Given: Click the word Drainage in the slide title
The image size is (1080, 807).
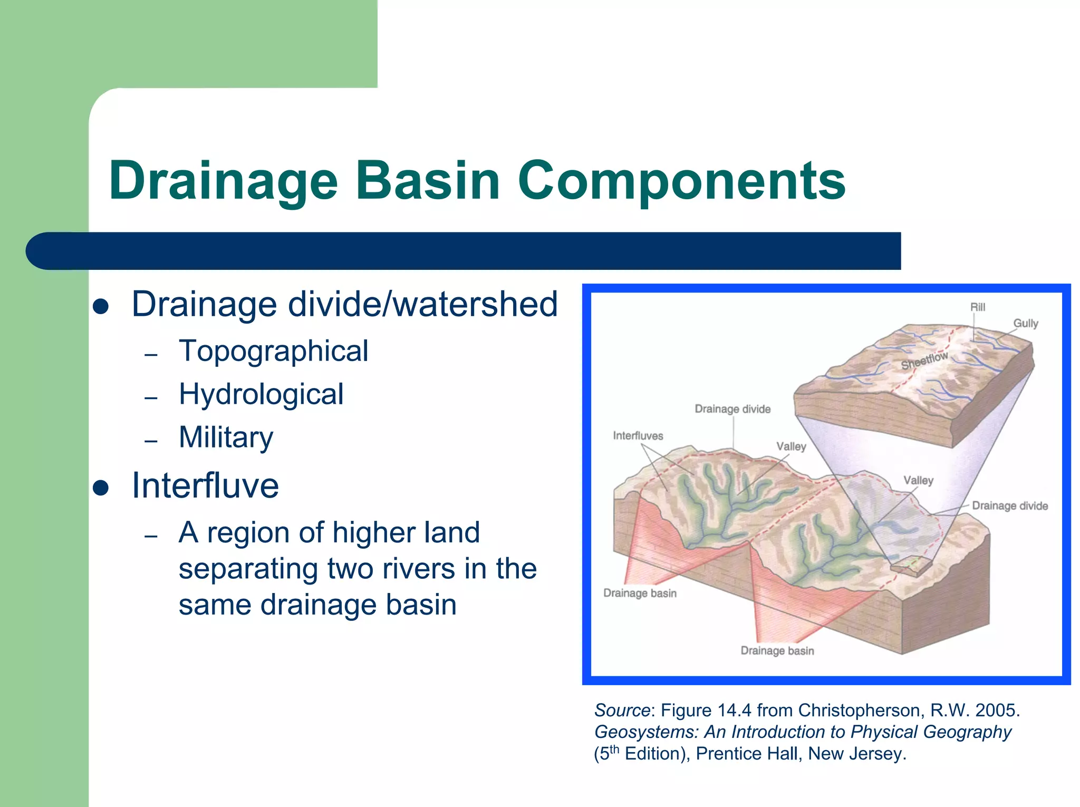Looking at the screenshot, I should point(223,181).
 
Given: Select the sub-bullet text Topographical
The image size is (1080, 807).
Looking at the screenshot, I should point(273,351).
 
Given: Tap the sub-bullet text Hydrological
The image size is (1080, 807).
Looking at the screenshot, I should point(261,394).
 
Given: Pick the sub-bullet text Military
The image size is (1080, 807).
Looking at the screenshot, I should point(226,437).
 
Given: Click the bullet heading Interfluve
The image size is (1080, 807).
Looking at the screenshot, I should point(205,485).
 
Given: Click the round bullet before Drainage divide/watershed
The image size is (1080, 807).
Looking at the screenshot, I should point(101,307).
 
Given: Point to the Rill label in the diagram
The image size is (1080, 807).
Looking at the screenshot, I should point(977,307).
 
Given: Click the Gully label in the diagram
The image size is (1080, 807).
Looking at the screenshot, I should point(1025,323).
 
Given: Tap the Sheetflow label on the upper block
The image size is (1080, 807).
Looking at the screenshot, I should point(924,361).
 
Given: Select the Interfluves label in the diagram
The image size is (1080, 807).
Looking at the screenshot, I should point(638,436).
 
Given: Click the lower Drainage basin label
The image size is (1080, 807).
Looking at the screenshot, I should point(777,650).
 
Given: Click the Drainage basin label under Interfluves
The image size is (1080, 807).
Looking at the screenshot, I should point(639,593).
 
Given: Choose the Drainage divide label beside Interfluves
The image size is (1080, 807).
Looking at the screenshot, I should point(732,409).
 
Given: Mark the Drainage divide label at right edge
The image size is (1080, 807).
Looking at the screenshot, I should point(1009,506).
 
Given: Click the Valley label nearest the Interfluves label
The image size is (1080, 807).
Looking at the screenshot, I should point(791,446).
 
